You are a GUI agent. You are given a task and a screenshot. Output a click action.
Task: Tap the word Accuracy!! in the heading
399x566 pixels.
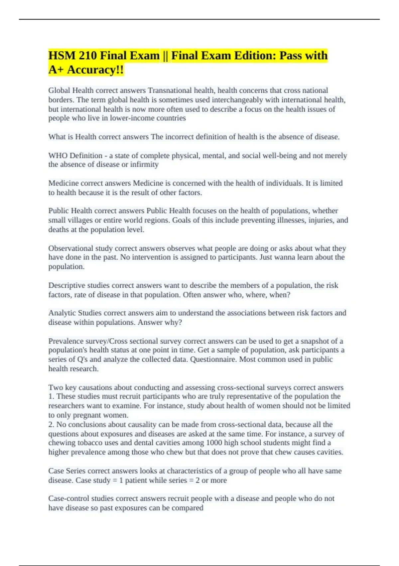point(95,70)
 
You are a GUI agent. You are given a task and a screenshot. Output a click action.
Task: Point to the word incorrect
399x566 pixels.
point(179,137)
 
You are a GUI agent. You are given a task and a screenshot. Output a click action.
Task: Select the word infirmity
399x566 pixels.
point(144,164)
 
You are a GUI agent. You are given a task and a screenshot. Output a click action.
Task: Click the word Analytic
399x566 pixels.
point(62,313)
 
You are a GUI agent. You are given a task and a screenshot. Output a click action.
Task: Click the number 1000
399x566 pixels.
point(214,443)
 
